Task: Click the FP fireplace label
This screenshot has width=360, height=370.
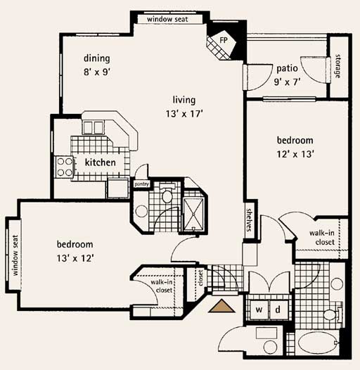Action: click(224, 40)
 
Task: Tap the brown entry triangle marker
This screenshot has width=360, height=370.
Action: click(221, 306)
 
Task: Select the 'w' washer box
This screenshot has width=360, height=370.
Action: click(259, 310)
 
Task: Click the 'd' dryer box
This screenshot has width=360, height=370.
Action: click(278, 310)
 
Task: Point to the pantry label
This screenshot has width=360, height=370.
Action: click(141, 184)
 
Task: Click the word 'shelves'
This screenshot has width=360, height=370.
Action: click(249, 219)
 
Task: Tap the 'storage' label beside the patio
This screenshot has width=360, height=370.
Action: click(338, 66)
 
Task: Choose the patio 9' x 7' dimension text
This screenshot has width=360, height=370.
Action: click(287, 82)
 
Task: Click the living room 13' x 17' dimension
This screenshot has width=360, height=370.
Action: click(184, 114)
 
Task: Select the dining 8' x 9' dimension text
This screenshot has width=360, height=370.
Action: click(97, 72)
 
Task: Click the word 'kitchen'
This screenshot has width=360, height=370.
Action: click(101, 162)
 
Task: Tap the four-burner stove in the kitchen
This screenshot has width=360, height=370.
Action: click(65, 167)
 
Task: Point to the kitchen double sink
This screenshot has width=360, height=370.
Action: click(93, 127)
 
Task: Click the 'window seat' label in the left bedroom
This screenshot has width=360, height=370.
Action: click(15, 255)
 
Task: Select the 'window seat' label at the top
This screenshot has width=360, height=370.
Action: click(167, 19)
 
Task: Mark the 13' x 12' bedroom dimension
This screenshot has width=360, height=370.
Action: click(75, 258)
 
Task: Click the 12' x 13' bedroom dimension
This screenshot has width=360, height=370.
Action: click(295, 154)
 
